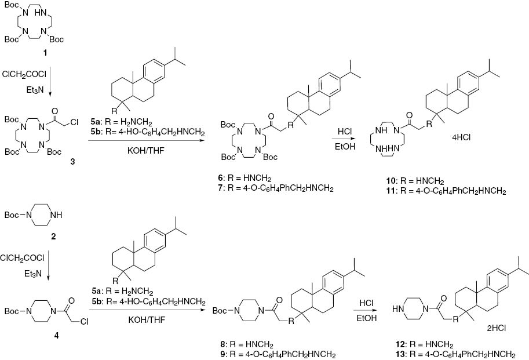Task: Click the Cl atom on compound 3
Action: [85, 122]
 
